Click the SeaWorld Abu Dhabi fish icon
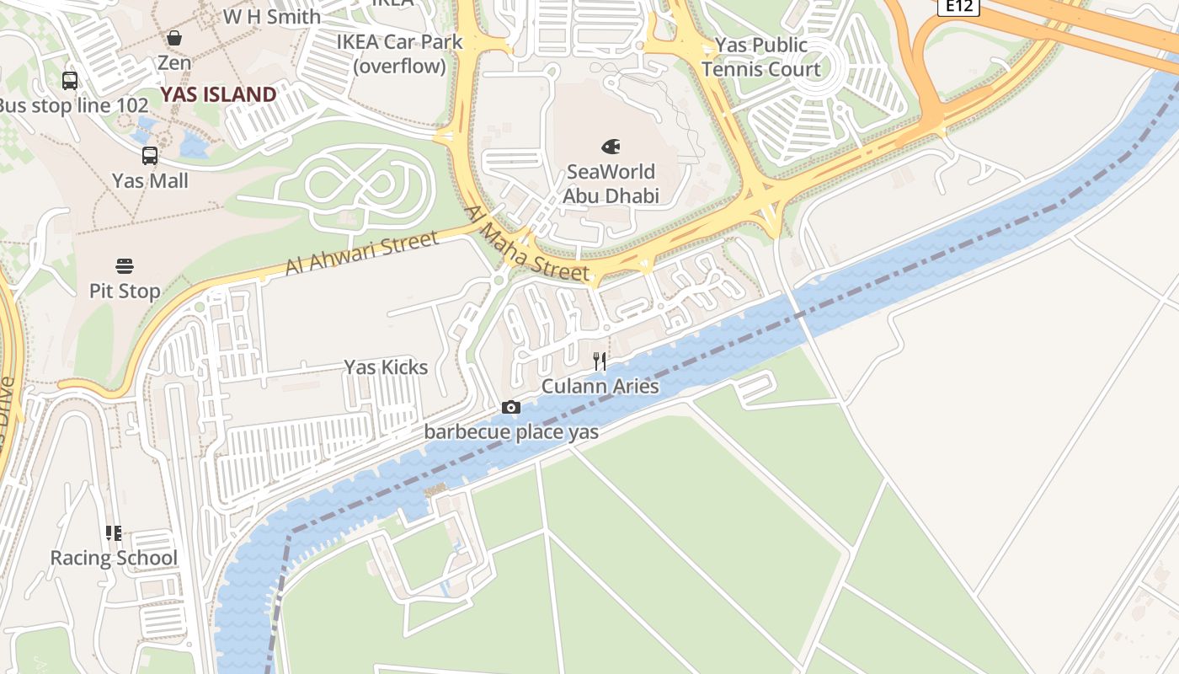coord(611,147)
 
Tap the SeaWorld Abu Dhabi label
coord(611,184)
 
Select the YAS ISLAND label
coord(218,94)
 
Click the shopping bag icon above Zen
coord(174,38)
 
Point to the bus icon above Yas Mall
coord(150,156)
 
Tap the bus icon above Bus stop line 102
coord(70,81)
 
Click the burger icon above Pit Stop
coord(125,267)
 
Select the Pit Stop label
coord(125,292)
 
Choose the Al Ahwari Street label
coord(362,254)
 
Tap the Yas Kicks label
coord(386,367)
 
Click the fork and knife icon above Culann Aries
coord(600,362)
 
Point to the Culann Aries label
coord(600,387)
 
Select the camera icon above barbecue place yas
coord(510,408)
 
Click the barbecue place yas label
coord(511,432)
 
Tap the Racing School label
coord(114,558)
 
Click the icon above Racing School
coord(114,533)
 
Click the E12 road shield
coord(958,7)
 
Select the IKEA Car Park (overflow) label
coord(400,53)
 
